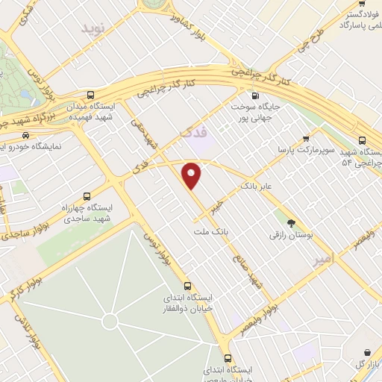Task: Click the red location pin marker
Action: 192,175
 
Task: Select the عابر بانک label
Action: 257,184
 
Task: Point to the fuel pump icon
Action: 256,95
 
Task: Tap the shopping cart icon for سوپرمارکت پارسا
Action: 306,137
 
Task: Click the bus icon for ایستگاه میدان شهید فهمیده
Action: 90,95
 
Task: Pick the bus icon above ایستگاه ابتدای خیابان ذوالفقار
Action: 187,285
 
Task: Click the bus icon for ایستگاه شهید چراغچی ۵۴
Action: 363,140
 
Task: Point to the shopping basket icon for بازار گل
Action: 367,352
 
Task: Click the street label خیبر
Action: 217,204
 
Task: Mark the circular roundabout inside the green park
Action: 110,322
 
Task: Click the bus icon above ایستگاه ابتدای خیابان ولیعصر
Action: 228,357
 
